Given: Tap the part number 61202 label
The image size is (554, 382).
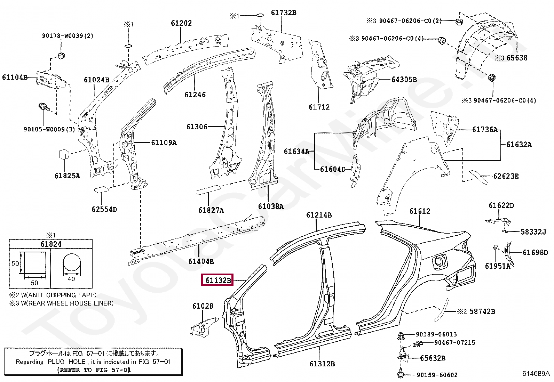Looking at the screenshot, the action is (181, 23).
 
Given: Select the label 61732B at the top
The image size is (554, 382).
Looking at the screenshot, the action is (283, 13).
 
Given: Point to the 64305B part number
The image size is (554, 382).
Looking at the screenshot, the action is (404, 80).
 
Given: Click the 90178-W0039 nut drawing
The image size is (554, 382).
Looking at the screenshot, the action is (61, 56).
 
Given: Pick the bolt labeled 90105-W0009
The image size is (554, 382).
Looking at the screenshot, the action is (44, 107).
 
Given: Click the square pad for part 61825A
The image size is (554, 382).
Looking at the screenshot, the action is (64, 154).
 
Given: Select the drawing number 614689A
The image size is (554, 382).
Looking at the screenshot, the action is (536, 373).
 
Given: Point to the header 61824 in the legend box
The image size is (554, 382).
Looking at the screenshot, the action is (51, 244).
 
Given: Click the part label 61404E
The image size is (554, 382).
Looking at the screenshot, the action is (201, 261).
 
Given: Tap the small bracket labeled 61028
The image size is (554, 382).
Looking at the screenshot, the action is (204, 326).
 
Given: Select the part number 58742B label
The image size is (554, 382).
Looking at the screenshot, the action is (482, 311).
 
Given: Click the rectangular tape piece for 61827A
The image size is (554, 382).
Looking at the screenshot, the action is (207, 190).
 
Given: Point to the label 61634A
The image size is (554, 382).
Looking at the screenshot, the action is (296, 151).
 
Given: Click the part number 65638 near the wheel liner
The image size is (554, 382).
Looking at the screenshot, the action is (517, 58).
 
